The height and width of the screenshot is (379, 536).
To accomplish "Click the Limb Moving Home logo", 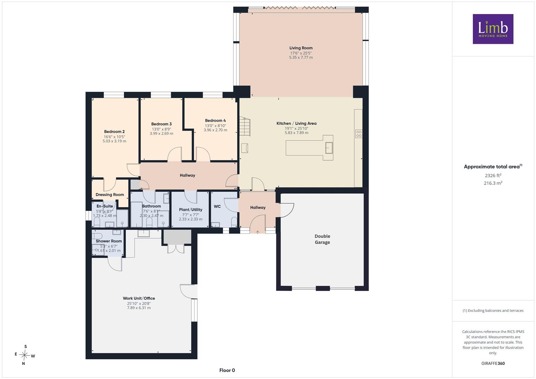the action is tap(493, 29).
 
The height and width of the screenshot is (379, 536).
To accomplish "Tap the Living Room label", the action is tap(301, 48).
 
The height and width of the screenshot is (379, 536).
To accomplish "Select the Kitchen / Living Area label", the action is tap(297, 124).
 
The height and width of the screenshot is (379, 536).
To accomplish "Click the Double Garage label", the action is tap(322, 239).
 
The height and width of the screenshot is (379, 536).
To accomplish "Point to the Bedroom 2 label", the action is tap(114, 132).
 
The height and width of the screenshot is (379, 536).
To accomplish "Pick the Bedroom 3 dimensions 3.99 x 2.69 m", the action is tap(161, 133).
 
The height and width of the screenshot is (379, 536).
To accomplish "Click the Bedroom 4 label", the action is tap(216, 121).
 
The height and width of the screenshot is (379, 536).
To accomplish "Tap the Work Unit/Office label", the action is tap(139, 298).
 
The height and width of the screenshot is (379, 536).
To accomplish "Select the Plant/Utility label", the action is tap(191, 210).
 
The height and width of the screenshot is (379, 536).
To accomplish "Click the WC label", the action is tap(217, 206).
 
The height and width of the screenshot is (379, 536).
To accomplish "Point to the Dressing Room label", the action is tap(110, 195).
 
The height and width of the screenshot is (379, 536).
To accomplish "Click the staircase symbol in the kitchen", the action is tap(245, 126).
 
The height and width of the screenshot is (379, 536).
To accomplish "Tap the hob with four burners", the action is tap(359, 134).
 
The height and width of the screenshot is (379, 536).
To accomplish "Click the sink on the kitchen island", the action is tap(329, 148).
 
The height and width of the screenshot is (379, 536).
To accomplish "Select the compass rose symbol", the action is tap(25, 355).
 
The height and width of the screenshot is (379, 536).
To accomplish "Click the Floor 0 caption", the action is tap(227, 370).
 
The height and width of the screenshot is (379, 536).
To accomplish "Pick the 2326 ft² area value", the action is tap(493, 175).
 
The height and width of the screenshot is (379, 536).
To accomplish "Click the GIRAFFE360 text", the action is tap(493, 364).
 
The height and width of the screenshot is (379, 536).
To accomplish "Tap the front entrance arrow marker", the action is tap(258, 232).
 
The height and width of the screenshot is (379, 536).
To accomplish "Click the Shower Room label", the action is tap(109, 241).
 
